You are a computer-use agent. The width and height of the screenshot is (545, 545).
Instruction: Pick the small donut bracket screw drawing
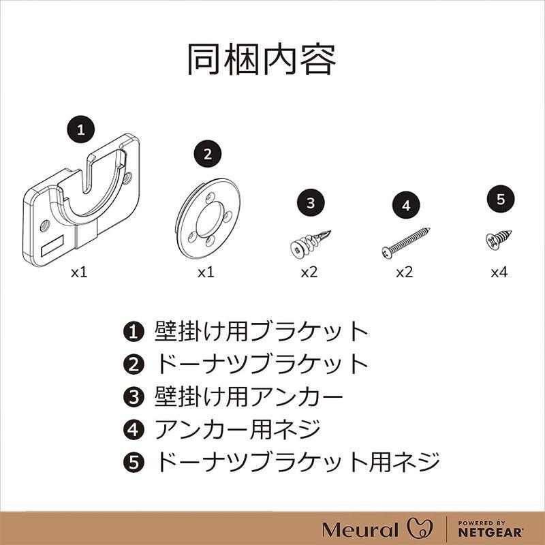point(500,238)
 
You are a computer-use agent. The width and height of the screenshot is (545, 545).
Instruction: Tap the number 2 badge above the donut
point(208,153)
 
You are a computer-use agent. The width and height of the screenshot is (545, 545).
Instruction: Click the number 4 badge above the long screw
point(407,205)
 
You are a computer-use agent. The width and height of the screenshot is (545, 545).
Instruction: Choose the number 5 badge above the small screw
point(501,200)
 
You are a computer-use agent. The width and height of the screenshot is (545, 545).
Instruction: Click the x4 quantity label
point(500,272)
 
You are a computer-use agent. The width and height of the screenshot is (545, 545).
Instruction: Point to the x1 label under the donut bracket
point(206,272)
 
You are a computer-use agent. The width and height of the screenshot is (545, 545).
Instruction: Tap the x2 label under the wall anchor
point(309,272)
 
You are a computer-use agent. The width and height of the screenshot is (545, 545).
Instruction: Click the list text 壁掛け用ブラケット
point(262,332)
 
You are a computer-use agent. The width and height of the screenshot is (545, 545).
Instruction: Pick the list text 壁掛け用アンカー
point(249,397)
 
